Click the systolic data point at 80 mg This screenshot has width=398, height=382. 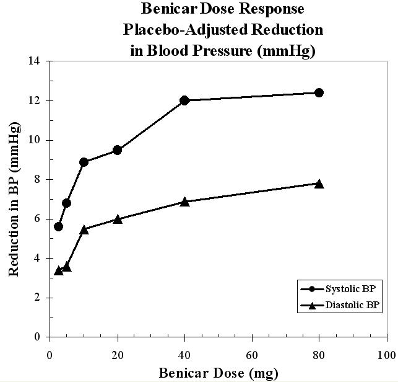click(x=319, y=92)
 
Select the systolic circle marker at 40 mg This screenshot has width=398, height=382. click(x=184, y=100)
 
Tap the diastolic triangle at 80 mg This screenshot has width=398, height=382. click(x=319, y=184)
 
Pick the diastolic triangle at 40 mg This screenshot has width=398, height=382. click(x=184, y=202)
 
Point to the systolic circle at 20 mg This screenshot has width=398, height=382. click(x=117, y=150)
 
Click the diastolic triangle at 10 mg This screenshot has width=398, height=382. click(x=84, y=229)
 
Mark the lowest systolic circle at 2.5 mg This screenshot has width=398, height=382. click(x=58, y=226)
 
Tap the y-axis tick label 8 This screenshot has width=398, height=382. click(x=38, y=179)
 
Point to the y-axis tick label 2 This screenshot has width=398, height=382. click(x=38, y=298)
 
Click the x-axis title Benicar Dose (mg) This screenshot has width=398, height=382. click(x=218, y=373)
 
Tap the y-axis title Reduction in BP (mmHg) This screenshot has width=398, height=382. click(x=14, y=198)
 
